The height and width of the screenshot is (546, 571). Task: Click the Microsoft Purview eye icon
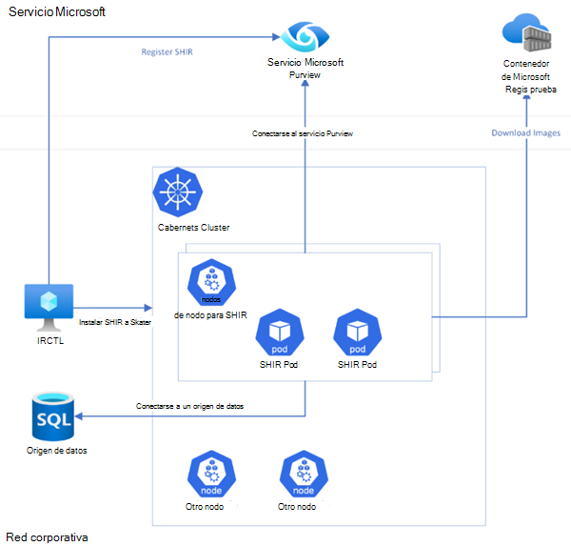pos(305,36)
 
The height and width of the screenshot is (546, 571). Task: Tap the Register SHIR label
pos(166,51)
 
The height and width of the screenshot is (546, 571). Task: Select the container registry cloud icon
pos(527,33)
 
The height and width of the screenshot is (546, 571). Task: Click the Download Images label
pos(525,132)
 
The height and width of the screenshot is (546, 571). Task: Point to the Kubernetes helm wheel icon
pos(177,192)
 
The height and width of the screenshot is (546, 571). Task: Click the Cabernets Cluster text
pos(193,228)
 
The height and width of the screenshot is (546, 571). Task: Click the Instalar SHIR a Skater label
pos(114,322)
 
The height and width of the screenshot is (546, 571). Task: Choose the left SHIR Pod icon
pos(280,332)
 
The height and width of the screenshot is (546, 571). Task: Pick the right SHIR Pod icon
pos(357,332)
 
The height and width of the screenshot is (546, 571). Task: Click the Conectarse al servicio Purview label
pos(303,133)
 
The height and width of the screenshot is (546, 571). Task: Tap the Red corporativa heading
pos(47,536)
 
